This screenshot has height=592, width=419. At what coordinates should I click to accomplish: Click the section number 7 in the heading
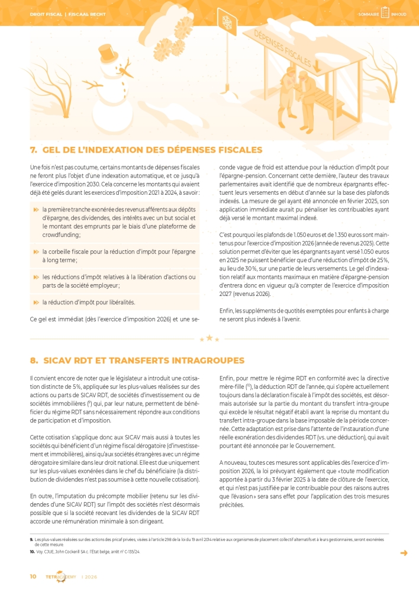pos(33,150)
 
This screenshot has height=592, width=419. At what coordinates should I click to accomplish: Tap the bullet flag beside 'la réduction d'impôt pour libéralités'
pos(36,302)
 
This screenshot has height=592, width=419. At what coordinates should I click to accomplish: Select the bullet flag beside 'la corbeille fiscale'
pos(36,252)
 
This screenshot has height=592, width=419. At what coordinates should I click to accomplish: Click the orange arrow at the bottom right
pos(404,553)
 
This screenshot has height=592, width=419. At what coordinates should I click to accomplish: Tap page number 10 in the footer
pos(33,576)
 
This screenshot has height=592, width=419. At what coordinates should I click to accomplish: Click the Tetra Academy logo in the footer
pos(60,577)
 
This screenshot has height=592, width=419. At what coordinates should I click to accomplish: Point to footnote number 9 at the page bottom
pos(31,539)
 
